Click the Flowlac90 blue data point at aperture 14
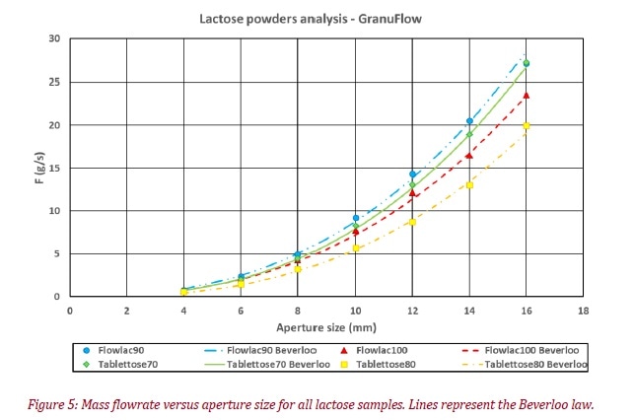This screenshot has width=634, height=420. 469,121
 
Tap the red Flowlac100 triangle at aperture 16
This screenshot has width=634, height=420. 527,96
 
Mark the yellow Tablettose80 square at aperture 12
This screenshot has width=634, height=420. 412,222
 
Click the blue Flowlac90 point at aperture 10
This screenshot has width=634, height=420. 356,218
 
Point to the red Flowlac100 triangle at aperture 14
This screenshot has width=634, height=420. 469,155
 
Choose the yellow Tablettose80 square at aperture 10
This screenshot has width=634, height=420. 356,248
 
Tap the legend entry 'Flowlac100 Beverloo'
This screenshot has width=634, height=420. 528,350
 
